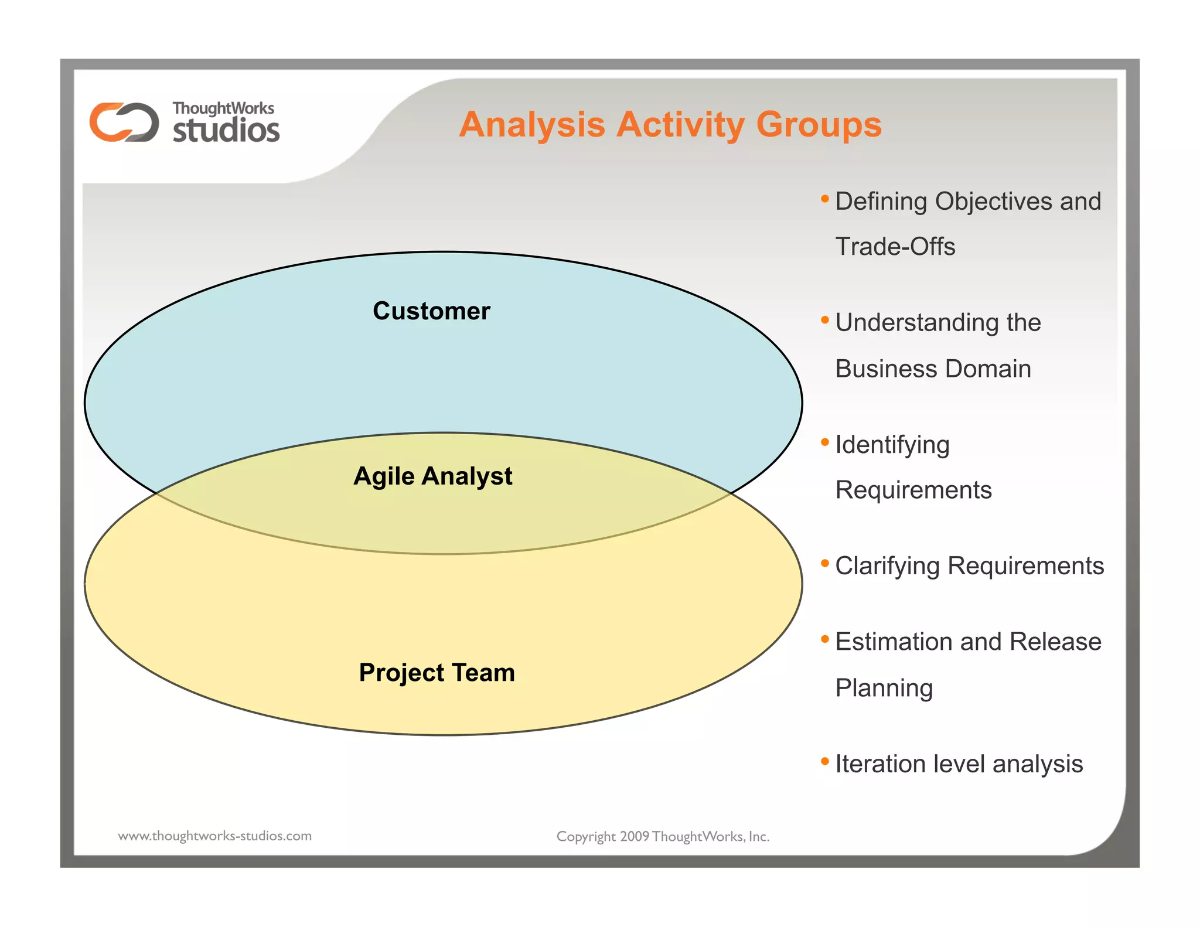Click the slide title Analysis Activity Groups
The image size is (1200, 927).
(x=670, y=124)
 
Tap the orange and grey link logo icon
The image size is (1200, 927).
(x=124, y=122)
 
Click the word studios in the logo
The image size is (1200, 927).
(x=226, y=130)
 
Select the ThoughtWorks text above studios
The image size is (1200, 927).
(x=223, y=108)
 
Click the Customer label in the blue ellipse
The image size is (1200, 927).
(x=431, y=311)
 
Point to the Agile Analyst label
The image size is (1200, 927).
(x=432, y=476)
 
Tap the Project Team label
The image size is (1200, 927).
(x=437, y=672)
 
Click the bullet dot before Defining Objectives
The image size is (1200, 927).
(x=824, y=199)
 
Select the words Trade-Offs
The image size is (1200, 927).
(x=895, y=246)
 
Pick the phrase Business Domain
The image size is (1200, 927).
(x=933, y=369)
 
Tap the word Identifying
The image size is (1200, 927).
(x=892, y=445)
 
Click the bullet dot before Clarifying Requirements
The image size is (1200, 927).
(x=824, y=564)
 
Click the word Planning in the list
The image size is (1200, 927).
(x=884, y=688)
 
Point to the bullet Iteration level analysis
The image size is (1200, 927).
(x=959, y=764)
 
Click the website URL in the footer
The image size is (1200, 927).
(x=214, y=836)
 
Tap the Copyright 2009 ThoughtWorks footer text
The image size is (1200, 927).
(x=663, y=836)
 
